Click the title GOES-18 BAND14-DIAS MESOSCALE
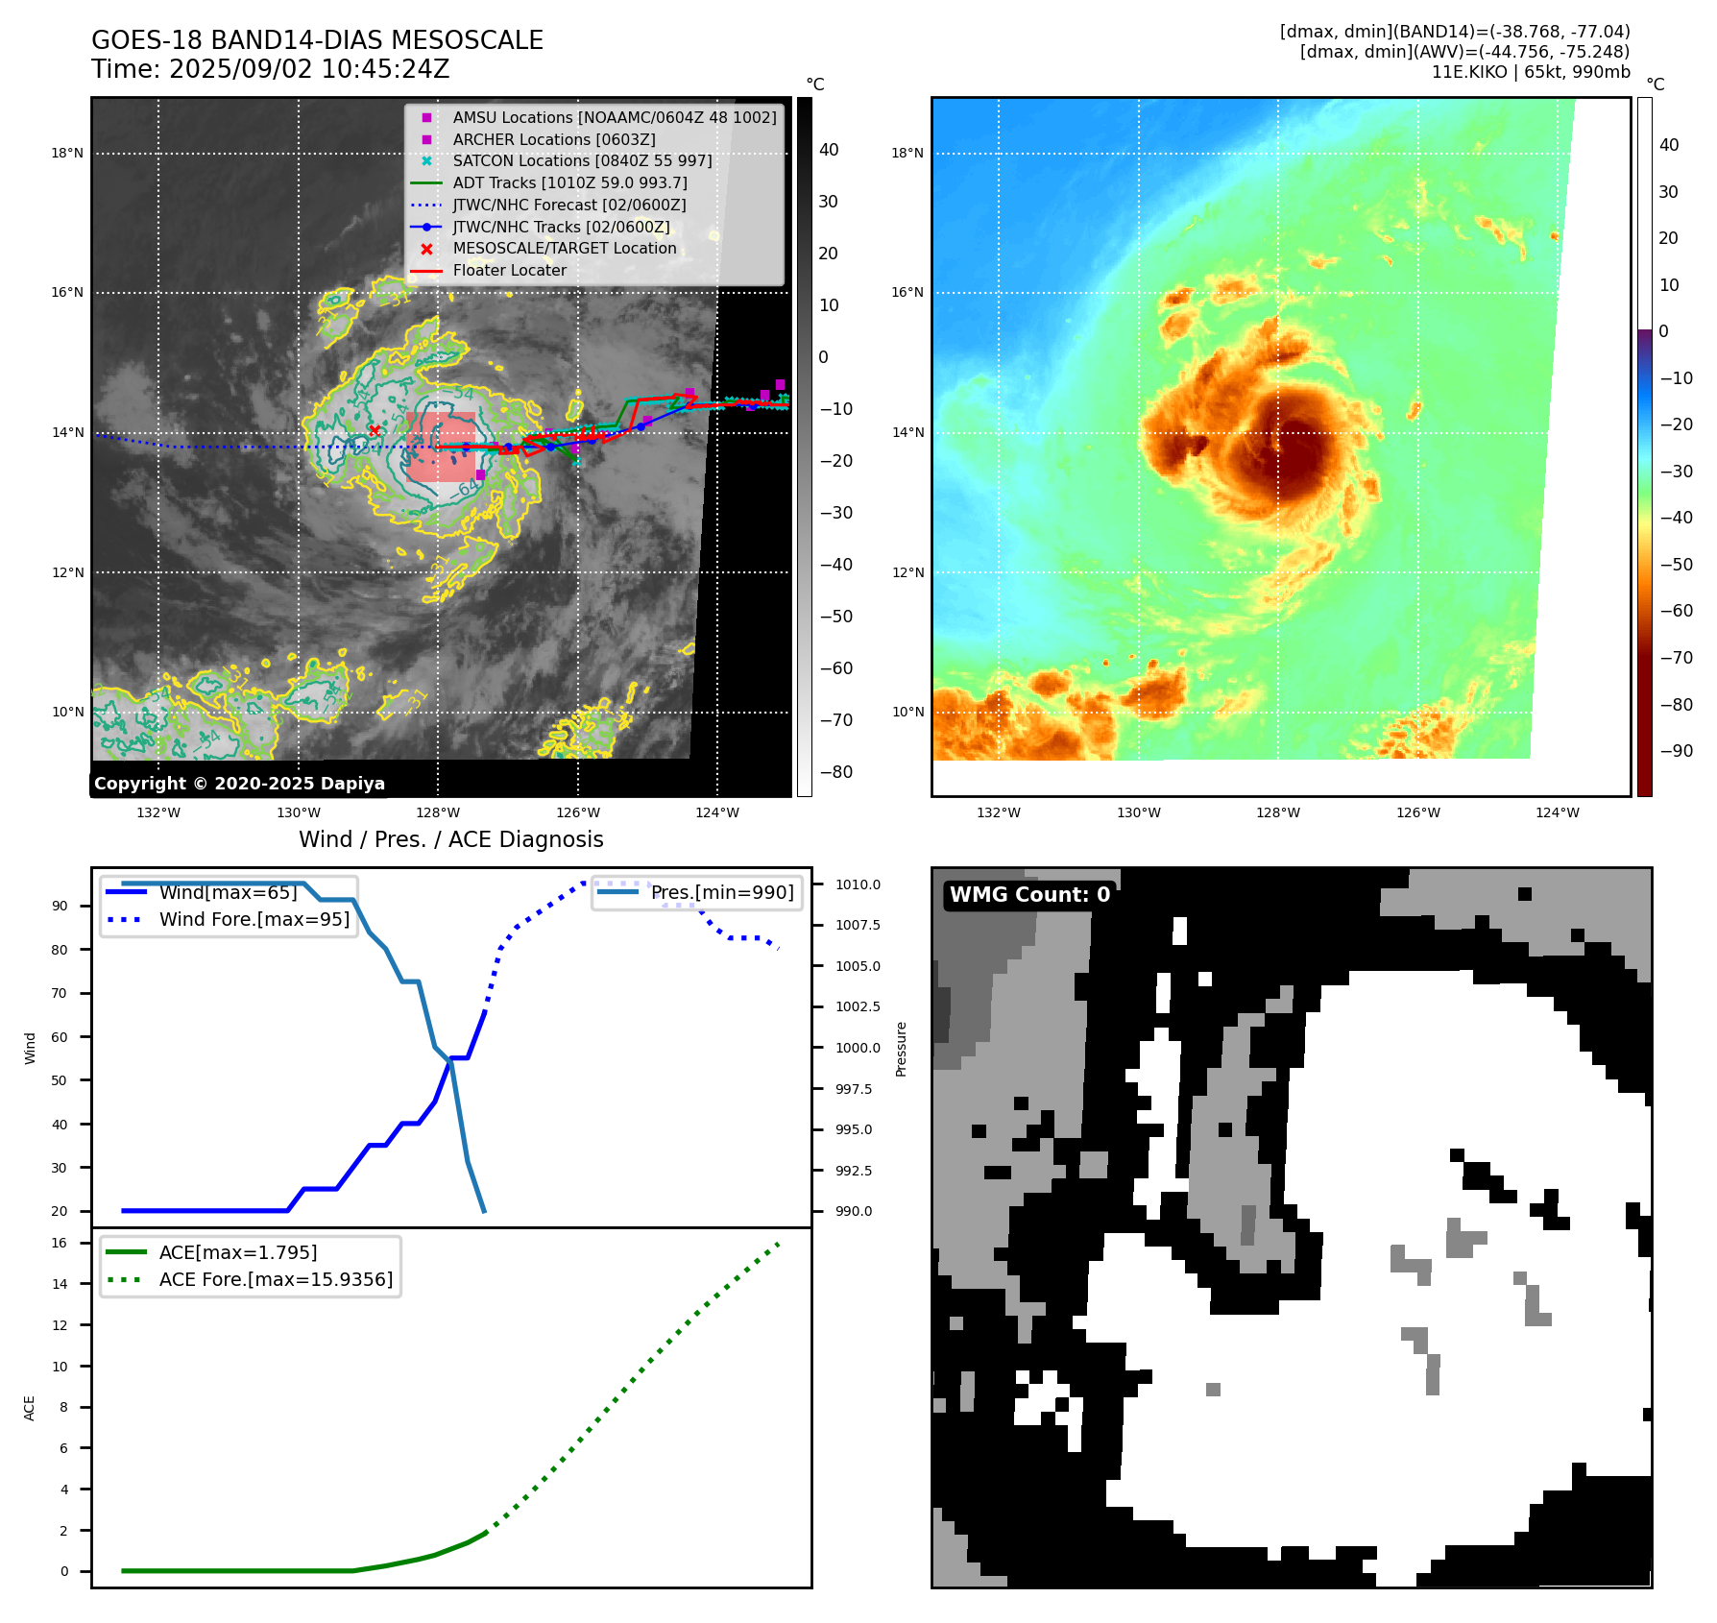pyautogui.click(x=317, y=40)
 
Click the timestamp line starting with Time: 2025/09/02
pyautogui.click(x=270, y=69)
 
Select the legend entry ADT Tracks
pyautogui.click(x=569, y=182)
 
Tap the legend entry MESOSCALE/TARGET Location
pyautogui.click(x=565, y=248)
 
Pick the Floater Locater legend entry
pyautogui.click(x=509, y=270)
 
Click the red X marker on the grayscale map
pyautogui.click(x=375, y=430)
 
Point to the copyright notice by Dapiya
pyautogui.click(x=239, y=784)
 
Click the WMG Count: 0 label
pyautogui.click(x=1029, y=895)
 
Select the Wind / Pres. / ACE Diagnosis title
pyautogui.click(x=450, y=839)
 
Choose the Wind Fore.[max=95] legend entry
pyautogui.click(x=254, y=919)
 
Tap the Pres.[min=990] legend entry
pyautogui.click(x=722, y=892)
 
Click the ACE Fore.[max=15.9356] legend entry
pyautogui.click(x=276, y=1279)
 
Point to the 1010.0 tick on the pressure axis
pyautogui.click(x=858, y=884)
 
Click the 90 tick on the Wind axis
pyautogui.click(x=60, y=906)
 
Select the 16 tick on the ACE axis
pyautogui.click(x=60, y=1243)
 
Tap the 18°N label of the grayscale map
pyautogui.click(x=67, y=153)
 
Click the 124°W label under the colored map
pyautogui.click(x=1558, y=812)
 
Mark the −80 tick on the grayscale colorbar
pyautogui.click(x=835, y=772)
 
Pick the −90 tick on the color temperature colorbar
pyautogui.click(x=1676, y=751)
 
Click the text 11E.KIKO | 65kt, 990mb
pyautogui.click(x=1531, y=72)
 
